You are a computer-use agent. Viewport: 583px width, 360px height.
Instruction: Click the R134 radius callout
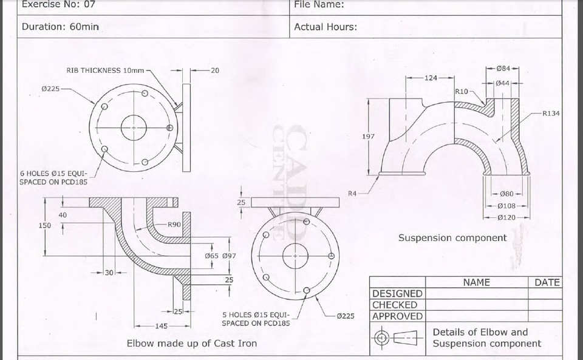551,113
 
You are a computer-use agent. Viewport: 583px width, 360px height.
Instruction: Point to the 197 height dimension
368,137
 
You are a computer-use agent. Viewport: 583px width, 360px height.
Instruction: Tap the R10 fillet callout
462,91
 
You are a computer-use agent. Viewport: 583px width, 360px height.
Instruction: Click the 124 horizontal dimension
431,78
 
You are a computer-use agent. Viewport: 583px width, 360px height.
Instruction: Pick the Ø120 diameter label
506,217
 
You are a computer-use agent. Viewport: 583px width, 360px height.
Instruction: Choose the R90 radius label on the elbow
175,225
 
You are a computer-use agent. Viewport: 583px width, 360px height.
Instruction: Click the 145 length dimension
161,326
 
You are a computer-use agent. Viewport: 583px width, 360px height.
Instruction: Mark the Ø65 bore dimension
212,256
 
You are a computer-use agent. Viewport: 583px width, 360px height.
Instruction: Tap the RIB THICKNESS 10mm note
105,70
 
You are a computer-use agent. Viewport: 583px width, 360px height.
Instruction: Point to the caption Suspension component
452,238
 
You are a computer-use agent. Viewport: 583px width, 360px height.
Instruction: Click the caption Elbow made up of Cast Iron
191,344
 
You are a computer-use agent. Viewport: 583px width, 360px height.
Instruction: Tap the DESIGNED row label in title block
397,294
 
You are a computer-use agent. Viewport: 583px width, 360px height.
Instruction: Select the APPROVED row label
397,316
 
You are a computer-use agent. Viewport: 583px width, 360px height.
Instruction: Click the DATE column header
547,282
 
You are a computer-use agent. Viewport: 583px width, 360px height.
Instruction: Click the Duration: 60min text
60,27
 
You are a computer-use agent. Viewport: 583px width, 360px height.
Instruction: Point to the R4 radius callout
352,193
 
